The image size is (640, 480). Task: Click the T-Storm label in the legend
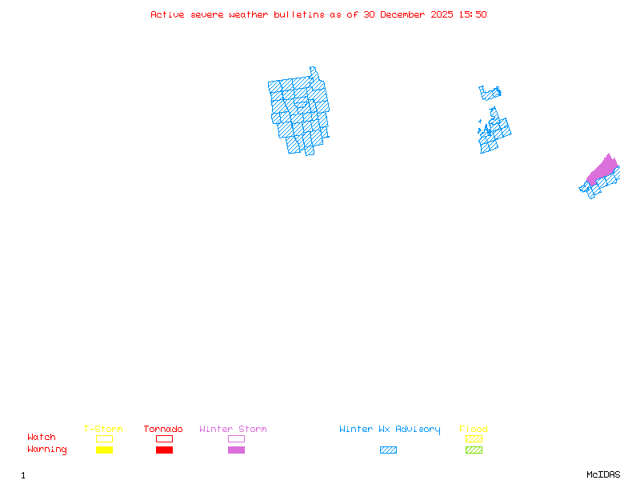(103, 430)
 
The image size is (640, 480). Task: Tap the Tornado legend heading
(163, 430)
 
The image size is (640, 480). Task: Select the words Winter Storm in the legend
(233, 430)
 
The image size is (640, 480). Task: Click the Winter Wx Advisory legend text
(390, 430)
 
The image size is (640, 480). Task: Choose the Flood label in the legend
(474, 430)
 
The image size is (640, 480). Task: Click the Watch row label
(42, 438)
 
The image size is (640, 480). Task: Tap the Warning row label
(47, 450)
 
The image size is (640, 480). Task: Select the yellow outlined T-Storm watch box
(104, 438)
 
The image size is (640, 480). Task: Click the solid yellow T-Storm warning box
(104, 450)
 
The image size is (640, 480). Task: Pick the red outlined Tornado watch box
(164, 438)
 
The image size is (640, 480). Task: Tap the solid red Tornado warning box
(164, 450)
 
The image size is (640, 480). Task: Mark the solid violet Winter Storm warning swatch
(236, 450)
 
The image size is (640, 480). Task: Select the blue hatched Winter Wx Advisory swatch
(388, 450)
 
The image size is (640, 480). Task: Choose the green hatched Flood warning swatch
(474, 450)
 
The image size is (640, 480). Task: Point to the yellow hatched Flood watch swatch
(474, 438)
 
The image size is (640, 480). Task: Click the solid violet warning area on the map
(604, 170)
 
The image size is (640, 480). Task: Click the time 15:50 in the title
(472, 14)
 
